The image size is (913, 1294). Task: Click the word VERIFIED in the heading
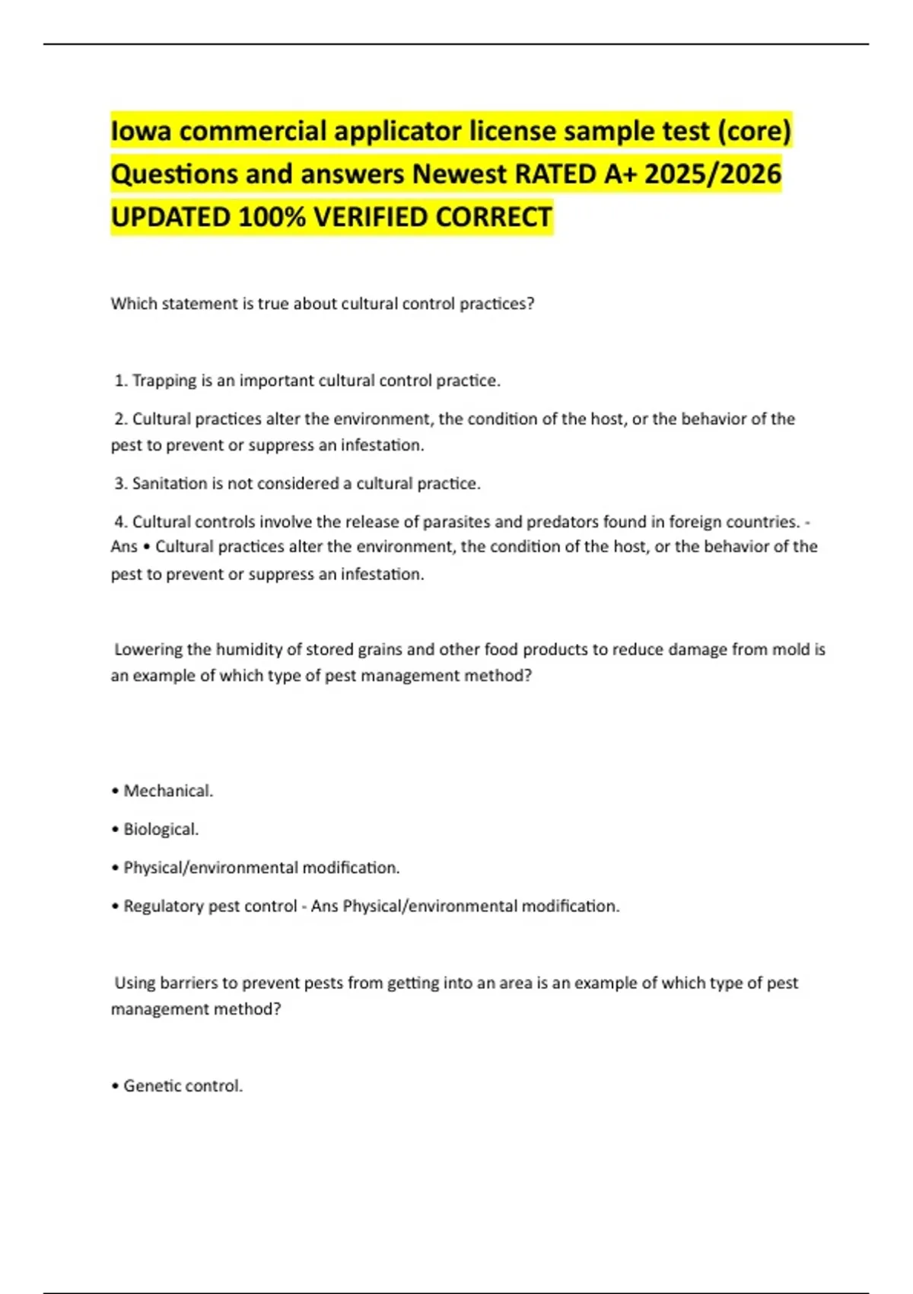(x=371, y=218)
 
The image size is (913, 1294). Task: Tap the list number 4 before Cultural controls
(x=119, y=522)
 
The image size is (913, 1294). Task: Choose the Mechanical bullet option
(x=167, y=791)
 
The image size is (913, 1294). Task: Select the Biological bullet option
(x=160, y=829)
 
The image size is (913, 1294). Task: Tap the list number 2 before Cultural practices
(x=119, y=419)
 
